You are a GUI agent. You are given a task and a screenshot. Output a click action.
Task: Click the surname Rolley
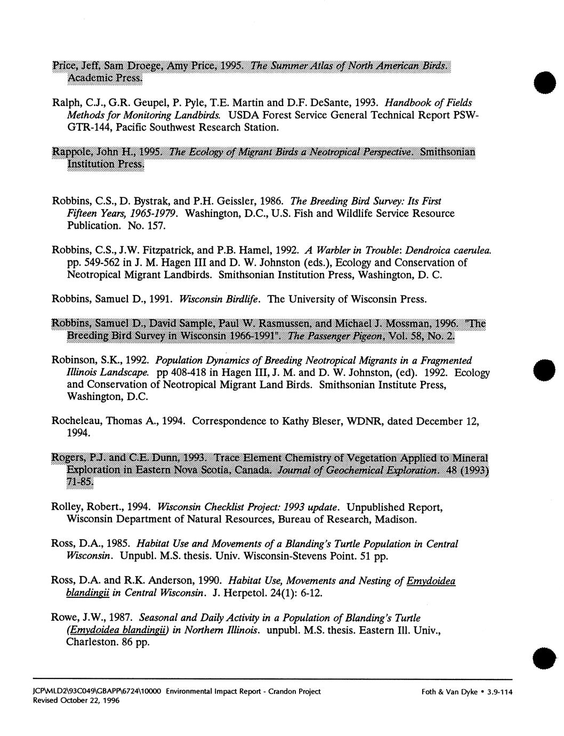67,507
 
